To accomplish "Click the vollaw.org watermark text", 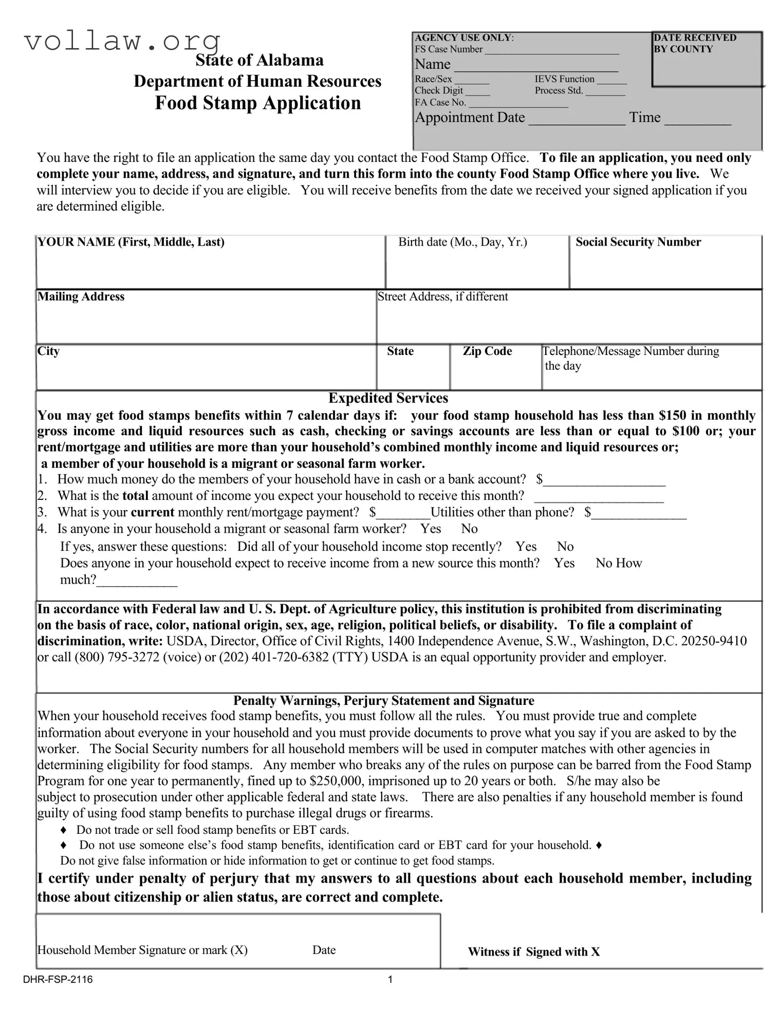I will pos(122,41).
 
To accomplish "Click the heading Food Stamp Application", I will pos(257,103).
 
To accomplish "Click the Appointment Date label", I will pos(470,118).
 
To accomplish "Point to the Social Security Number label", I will pos(638,242).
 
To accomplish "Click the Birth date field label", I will pos(462,242).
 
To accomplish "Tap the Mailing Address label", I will pos(81,296).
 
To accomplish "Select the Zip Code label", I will pos(487,351).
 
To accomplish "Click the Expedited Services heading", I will pos(388,398).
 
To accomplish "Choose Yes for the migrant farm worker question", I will pos(431,529).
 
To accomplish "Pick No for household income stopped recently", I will pos(565,546).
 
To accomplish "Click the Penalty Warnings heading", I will pos(383,701).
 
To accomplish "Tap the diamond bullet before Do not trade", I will pos(64,830).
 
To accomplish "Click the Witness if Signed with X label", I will pos(533,951).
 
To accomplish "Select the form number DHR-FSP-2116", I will pos(58,979).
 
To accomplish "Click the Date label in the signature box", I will pos(324,950).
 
